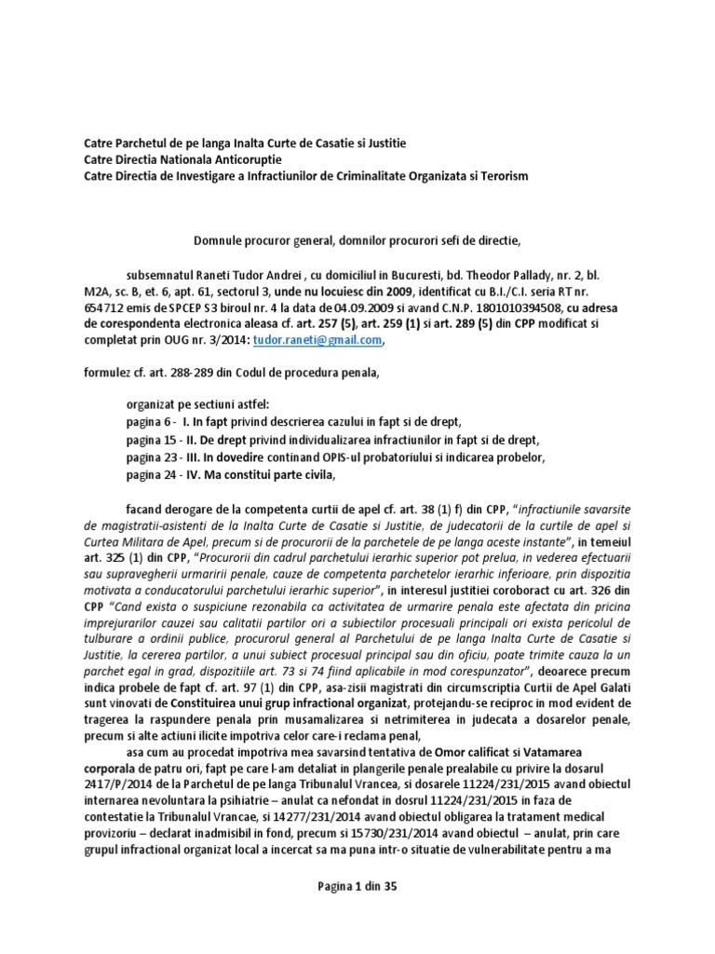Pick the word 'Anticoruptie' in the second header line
[x=243, y=159]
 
